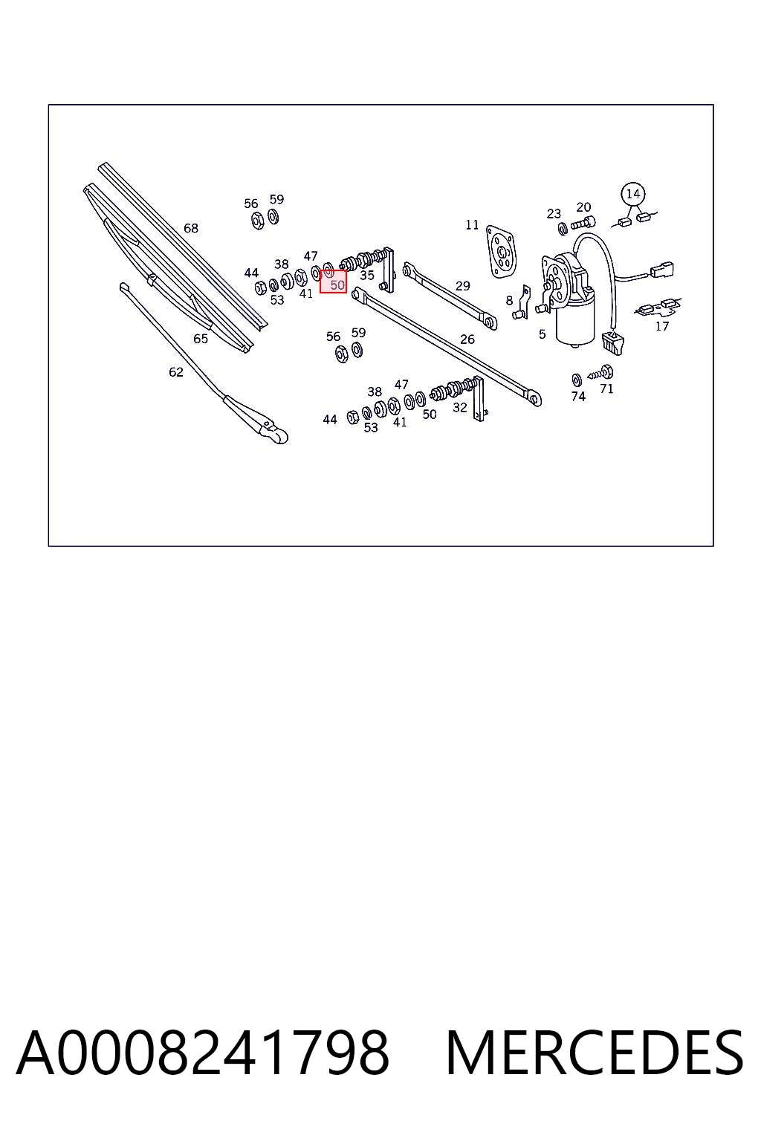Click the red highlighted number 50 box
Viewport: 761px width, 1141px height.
[333, 282]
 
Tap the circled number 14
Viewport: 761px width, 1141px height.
[632, 194]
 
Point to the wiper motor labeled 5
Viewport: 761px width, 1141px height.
[570, 301]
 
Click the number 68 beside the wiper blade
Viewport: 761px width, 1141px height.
[191, 228]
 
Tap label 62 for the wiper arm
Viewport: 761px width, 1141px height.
[176, 372]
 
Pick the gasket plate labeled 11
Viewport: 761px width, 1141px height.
[501, 253]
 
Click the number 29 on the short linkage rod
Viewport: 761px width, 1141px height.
[462, 286]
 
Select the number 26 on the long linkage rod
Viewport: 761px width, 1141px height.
[467, 339]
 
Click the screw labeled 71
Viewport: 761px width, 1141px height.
[600, 373]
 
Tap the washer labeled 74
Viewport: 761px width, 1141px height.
[576, 380]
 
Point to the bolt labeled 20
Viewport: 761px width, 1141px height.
[583, 223]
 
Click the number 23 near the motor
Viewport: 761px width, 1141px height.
[554, 214]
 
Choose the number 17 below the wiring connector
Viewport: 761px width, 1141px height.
[661, 326]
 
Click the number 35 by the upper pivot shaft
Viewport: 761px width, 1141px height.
[367, 276]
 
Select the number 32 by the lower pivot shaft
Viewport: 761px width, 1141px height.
[459, 408]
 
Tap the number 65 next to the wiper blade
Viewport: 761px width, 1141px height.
[201, 339]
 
